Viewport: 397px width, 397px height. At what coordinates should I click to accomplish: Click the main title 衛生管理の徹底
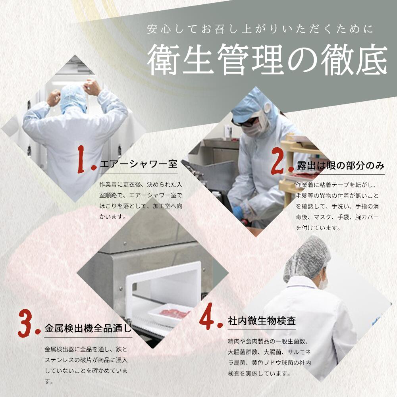(267, 60)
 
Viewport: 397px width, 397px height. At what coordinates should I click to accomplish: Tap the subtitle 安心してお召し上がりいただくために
(260, 29)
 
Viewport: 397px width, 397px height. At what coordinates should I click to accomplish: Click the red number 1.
(86, 160)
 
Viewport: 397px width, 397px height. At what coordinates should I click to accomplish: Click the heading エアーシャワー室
(139, 164)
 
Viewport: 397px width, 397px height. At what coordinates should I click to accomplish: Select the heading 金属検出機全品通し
(88, 329)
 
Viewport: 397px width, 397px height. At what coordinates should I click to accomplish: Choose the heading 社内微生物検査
(262, 320)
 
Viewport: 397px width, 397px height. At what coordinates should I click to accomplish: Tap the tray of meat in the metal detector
(174, 311)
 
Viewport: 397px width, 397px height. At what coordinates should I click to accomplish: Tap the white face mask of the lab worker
(324, 283)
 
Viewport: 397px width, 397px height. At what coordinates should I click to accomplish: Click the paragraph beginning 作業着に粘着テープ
(337, 206)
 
